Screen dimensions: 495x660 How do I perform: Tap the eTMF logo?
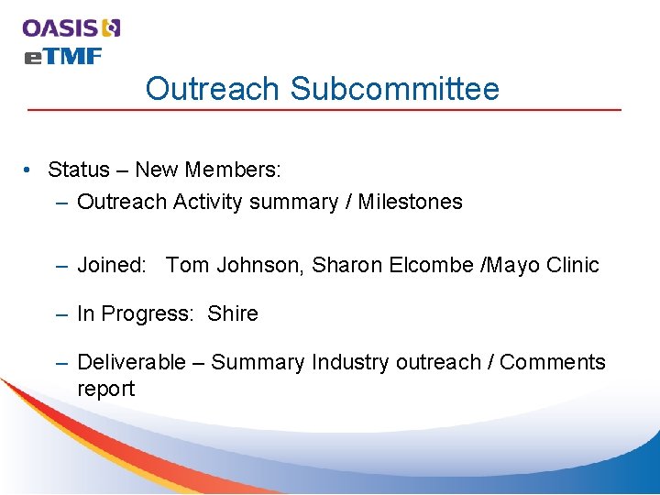click(x=62, y=56)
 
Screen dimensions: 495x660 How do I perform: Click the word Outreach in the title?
click(x=212, y=89)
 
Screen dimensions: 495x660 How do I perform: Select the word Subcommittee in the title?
click(x=395, y=89)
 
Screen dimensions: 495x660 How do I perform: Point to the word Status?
click(x=78, y=170)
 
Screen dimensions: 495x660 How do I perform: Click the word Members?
click(x=233, y=170)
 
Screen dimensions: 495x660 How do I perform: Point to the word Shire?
click(x=233, y=313)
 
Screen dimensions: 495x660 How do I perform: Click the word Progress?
click(x=147, y=313)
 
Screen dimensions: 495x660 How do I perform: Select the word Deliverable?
click(x=131, y=362)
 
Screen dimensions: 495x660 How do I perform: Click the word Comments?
click(x=553, y=362)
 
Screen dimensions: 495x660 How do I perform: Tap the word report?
click(x=105, y=389)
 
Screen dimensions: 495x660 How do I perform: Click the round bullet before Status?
click(x=30, y=170)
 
